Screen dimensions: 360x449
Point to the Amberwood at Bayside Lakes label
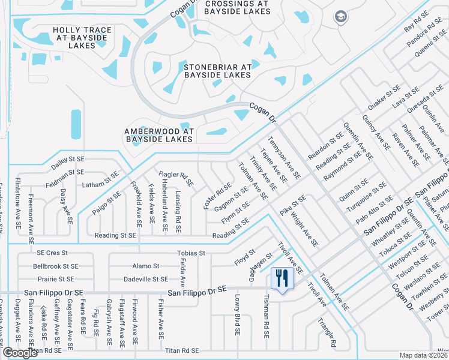coord(158,135)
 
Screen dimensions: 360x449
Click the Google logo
coord(20,353)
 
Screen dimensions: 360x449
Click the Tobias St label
coord(191,253)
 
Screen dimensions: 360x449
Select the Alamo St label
coord(146,266)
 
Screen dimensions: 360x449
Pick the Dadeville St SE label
coord(146,279)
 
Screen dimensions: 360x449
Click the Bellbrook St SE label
coord(56,266)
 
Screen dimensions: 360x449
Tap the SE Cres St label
coord(52,253)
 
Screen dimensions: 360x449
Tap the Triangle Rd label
coord(327,332)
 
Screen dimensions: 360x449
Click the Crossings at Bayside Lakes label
coord(237,7)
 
